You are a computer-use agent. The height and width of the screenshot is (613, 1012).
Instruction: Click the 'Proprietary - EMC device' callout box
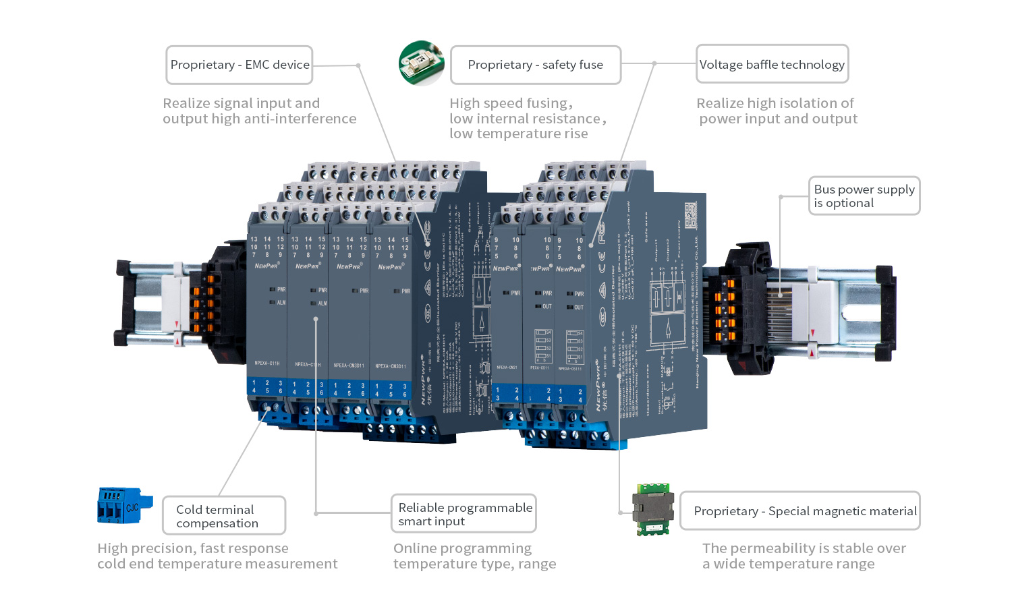tap(240, 65)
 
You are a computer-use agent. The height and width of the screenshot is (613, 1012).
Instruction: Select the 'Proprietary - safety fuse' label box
tap(535, 65)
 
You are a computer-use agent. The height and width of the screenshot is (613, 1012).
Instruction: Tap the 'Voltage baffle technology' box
tap(772, 65)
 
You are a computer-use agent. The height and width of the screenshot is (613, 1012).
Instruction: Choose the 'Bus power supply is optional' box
tap(864, 196)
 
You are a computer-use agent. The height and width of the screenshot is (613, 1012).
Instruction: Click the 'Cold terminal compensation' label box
tap(224, 516)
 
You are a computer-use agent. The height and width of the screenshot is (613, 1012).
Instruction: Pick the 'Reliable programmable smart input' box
tap(463, 514)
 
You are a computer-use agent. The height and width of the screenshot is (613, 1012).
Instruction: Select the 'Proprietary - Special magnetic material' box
tap(800, 511)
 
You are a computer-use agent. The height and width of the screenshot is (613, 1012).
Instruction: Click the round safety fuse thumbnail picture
tap(422, 63)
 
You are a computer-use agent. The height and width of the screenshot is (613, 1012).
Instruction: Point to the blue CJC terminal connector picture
tap(124, 506)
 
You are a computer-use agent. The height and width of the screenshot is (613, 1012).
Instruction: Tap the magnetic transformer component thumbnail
tap(653, 509)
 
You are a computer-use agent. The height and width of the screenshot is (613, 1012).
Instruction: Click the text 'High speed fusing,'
tap(511, 103)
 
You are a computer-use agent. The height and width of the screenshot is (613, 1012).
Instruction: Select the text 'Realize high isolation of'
tap(775, 103)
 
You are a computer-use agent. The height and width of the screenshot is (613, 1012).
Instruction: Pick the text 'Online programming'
tap(462, 548)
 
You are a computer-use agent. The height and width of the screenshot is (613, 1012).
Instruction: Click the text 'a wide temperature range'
tap(788, 564)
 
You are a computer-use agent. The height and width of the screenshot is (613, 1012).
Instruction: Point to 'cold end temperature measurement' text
tap(217, 564)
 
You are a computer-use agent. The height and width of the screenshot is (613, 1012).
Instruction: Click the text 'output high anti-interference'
tap(259, 119)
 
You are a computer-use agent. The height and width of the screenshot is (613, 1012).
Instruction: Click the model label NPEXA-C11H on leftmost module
tap(267, 363)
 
